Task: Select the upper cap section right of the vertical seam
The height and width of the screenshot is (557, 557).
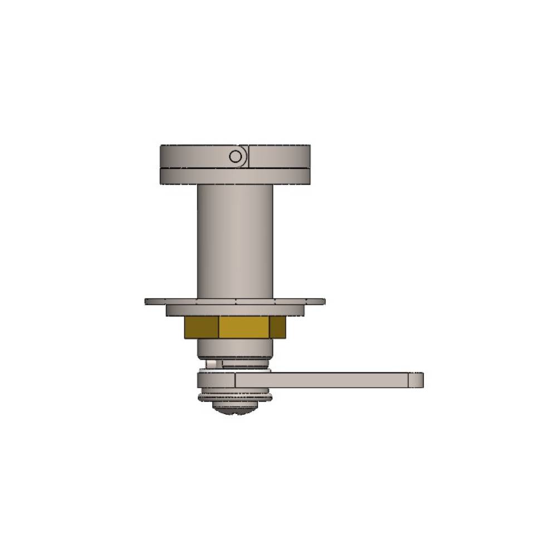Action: tap(278, 157)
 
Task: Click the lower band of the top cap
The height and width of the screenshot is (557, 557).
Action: tap(235, 177)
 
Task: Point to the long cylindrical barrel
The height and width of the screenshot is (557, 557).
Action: tap(235, 240)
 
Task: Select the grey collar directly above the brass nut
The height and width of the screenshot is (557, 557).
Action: tap(235, 310)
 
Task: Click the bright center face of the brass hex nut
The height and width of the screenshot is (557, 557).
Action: tap(244, 327)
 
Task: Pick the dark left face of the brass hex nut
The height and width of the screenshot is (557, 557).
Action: tap(201, 327)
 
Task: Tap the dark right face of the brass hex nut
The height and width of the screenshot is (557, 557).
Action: tap(277, 327)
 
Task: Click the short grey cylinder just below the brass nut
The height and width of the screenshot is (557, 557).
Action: tap(235, 348)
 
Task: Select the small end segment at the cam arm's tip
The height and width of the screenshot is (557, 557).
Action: tap(416, 380)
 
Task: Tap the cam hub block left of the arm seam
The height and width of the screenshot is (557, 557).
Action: tap(216, 380)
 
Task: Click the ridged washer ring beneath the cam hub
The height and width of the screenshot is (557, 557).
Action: tap(235, 396)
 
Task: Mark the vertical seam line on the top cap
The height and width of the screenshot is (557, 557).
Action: tap(249, 157)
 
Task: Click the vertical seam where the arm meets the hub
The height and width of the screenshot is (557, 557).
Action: tap(236, 380)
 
